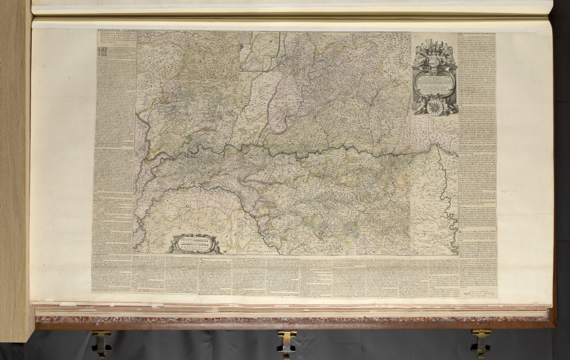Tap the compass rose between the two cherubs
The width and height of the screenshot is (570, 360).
click(x=434, y=107)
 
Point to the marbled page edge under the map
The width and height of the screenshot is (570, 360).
click(x=260, y=320)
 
